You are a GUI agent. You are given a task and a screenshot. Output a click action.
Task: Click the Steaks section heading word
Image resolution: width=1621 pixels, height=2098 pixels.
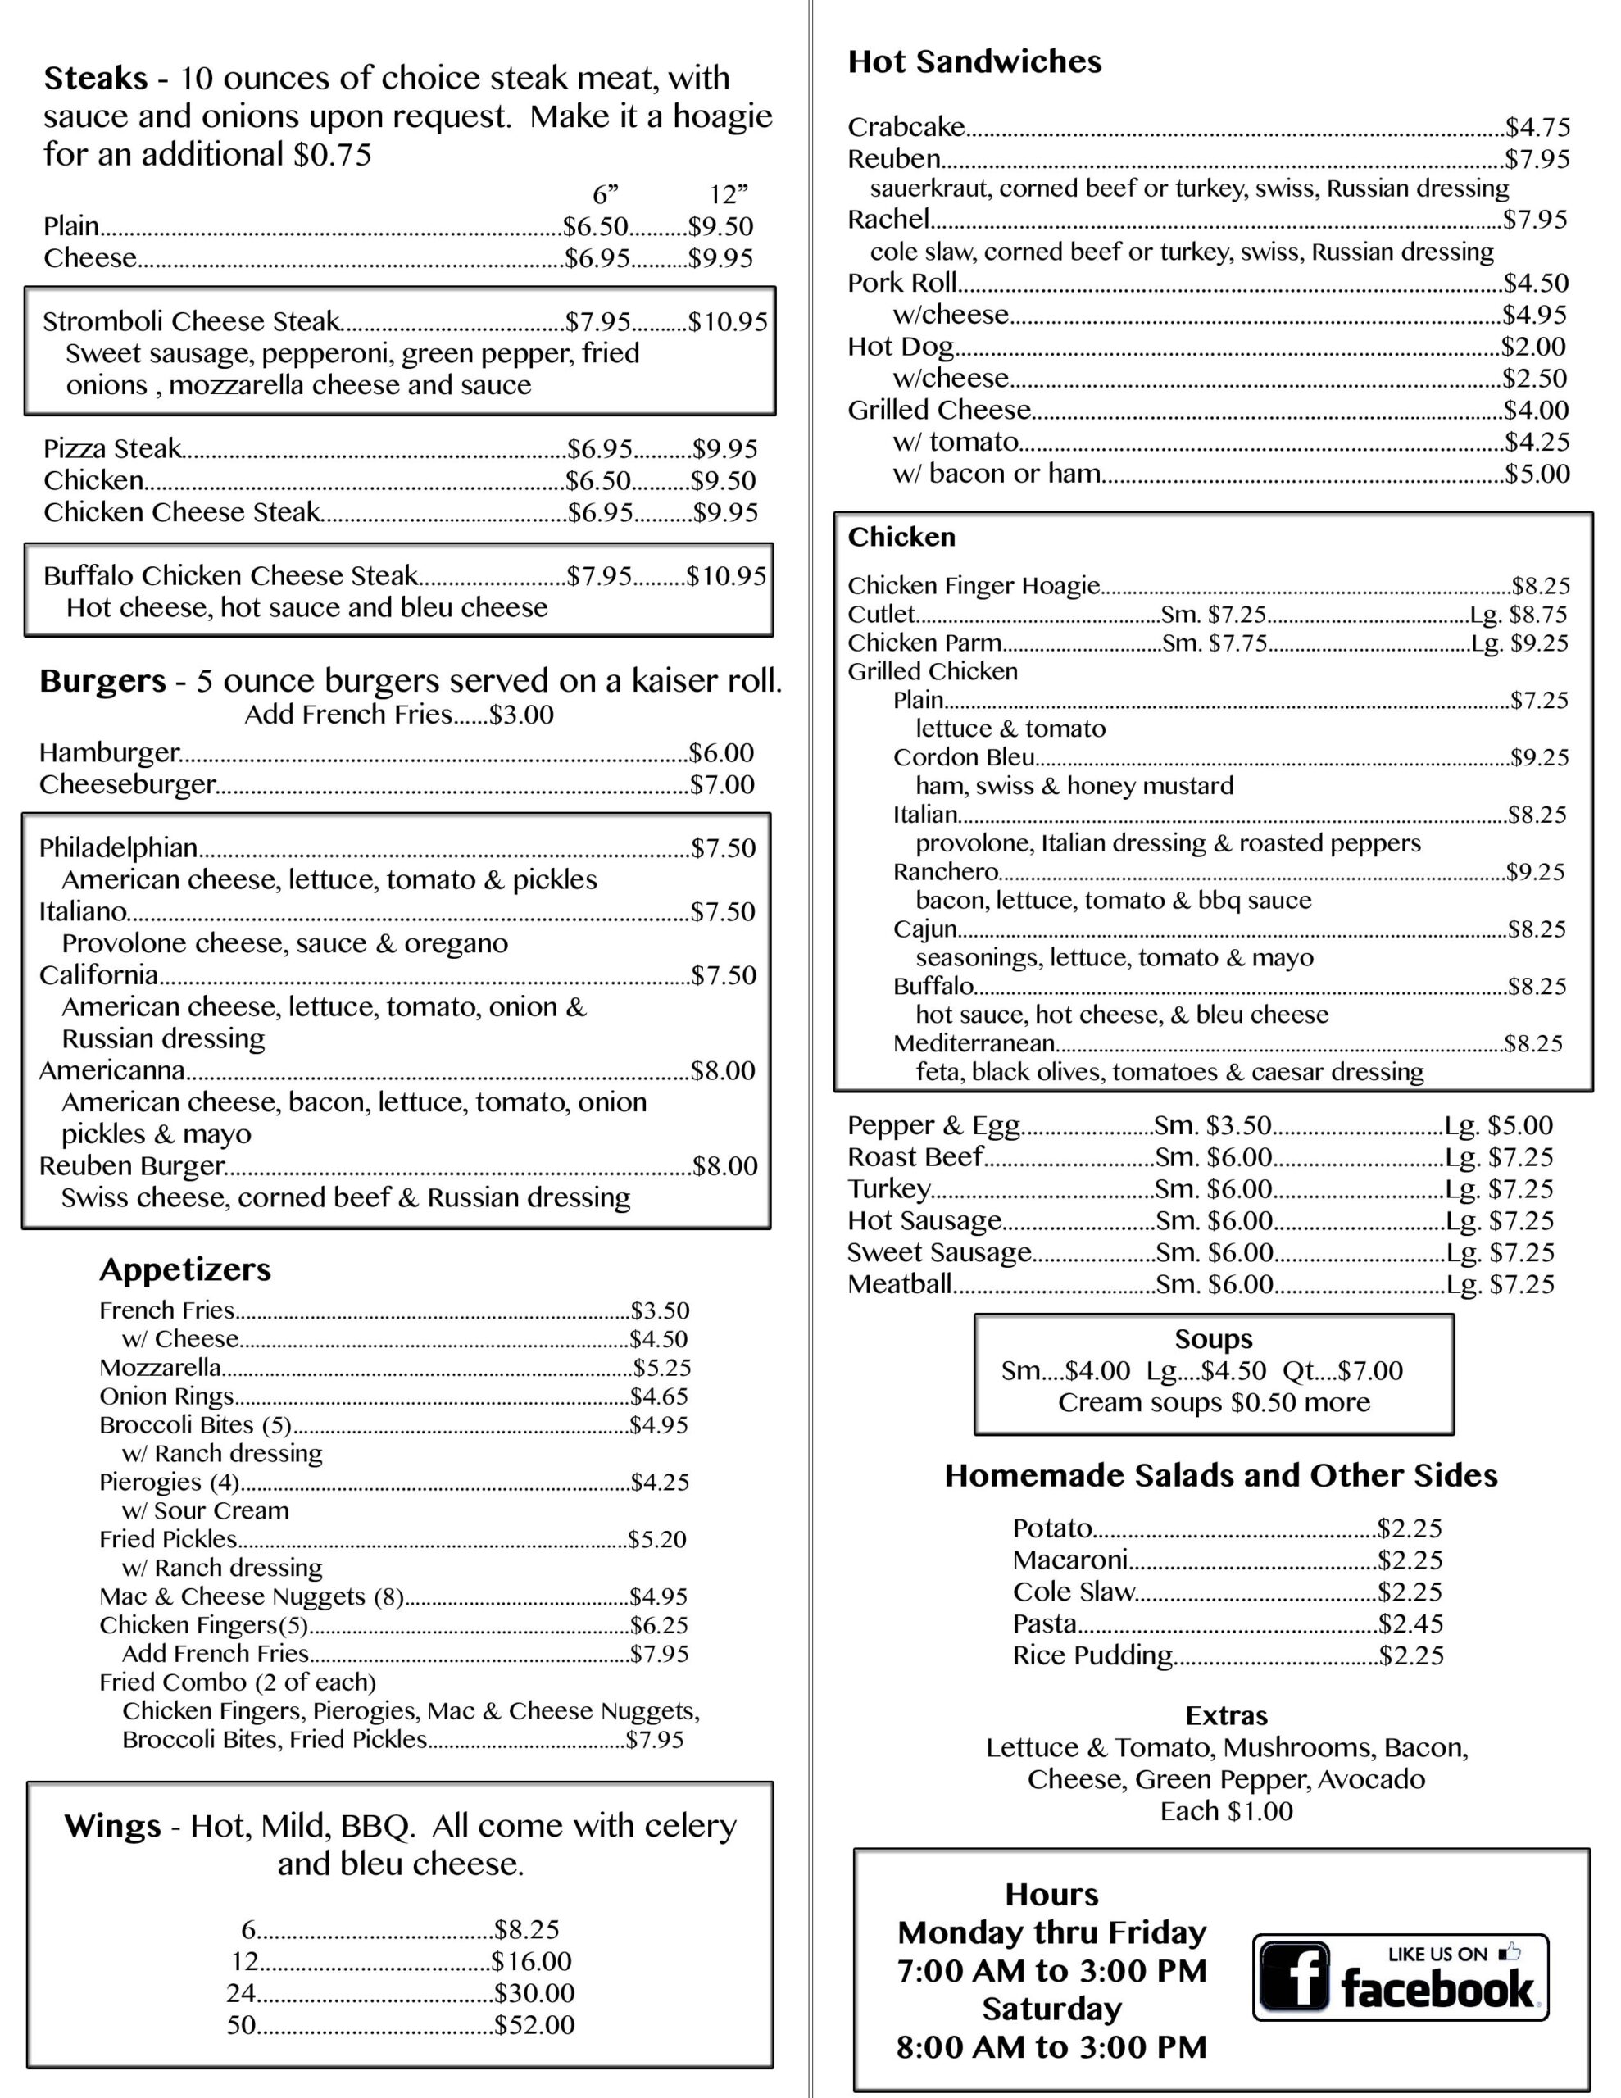[x=95, y=78]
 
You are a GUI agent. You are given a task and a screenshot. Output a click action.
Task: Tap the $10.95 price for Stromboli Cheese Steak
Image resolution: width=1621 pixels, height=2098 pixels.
[x=728, y=322]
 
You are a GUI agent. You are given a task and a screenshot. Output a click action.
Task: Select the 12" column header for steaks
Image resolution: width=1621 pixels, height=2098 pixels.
[x=728, y=195]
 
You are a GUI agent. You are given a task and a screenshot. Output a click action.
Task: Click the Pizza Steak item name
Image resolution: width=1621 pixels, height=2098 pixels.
[x=112, y=448]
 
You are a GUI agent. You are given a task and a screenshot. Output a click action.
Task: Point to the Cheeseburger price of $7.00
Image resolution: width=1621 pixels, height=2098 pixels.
[x=723, y=785]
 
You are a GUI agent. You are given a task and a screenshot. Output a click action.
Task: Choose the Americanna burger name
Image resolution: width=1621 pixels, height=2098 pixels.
[x=111, y=1070]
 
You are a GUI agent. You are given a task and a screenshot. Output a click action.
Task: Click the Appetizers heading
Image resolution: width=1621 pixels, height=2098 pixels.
[x=184, y=1270]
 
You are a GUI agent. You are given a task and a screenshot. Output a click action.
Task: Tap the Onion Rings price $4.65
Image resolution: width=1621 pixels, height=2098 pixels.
[x=659, y=1396]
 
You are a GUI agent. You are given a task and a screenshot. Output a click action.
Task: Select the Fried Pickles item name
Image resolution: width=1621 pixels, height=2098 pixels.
[x=168, y=1539]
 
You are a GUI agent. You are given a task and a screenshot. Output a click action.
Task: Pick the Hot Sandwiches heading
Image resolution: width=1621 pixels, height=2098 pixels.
[x=974, y=61]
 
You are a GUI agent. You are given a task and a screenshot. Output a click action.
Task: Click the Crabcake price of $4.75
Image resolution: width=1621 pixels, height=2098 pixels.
[x=1537, y=127]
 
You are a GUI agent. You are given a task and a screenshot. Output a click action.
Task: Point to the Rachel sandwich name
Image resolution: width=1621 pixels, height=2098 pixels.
[x=888, y=220]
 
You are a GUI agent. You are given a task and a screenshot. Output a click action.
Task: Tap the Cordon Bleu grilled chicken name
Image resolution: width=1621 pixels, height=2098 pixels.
[x=964, y=757]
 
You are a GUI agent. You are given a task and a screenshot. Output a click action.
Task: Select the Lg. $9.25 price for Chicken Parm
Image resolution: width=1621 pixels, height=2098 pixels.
[x=1519, y=643]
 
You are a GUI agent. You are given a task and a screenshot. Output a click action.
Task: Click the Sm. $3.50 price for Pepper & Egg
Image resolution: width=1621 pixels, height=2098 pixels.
[x=1213, y=1125]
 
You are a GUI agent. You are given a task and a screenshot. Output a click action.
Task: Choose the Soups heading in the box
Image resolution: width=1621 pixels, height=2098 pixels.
[x=1214, y=1339]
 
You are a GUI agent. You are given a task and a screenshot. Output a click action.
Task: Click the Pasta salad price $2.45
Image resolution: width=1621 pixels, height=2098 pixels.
[x=1410, y=1623]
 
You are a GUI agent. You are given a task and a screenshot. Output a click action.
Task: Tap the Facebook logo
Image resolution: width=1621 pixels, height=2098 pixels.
[x=1400, y=1977]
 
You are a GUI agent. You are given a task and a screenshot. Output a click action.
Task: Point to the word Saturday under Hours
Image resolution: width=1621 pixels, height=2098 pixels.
[x=1051, y=2009]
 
